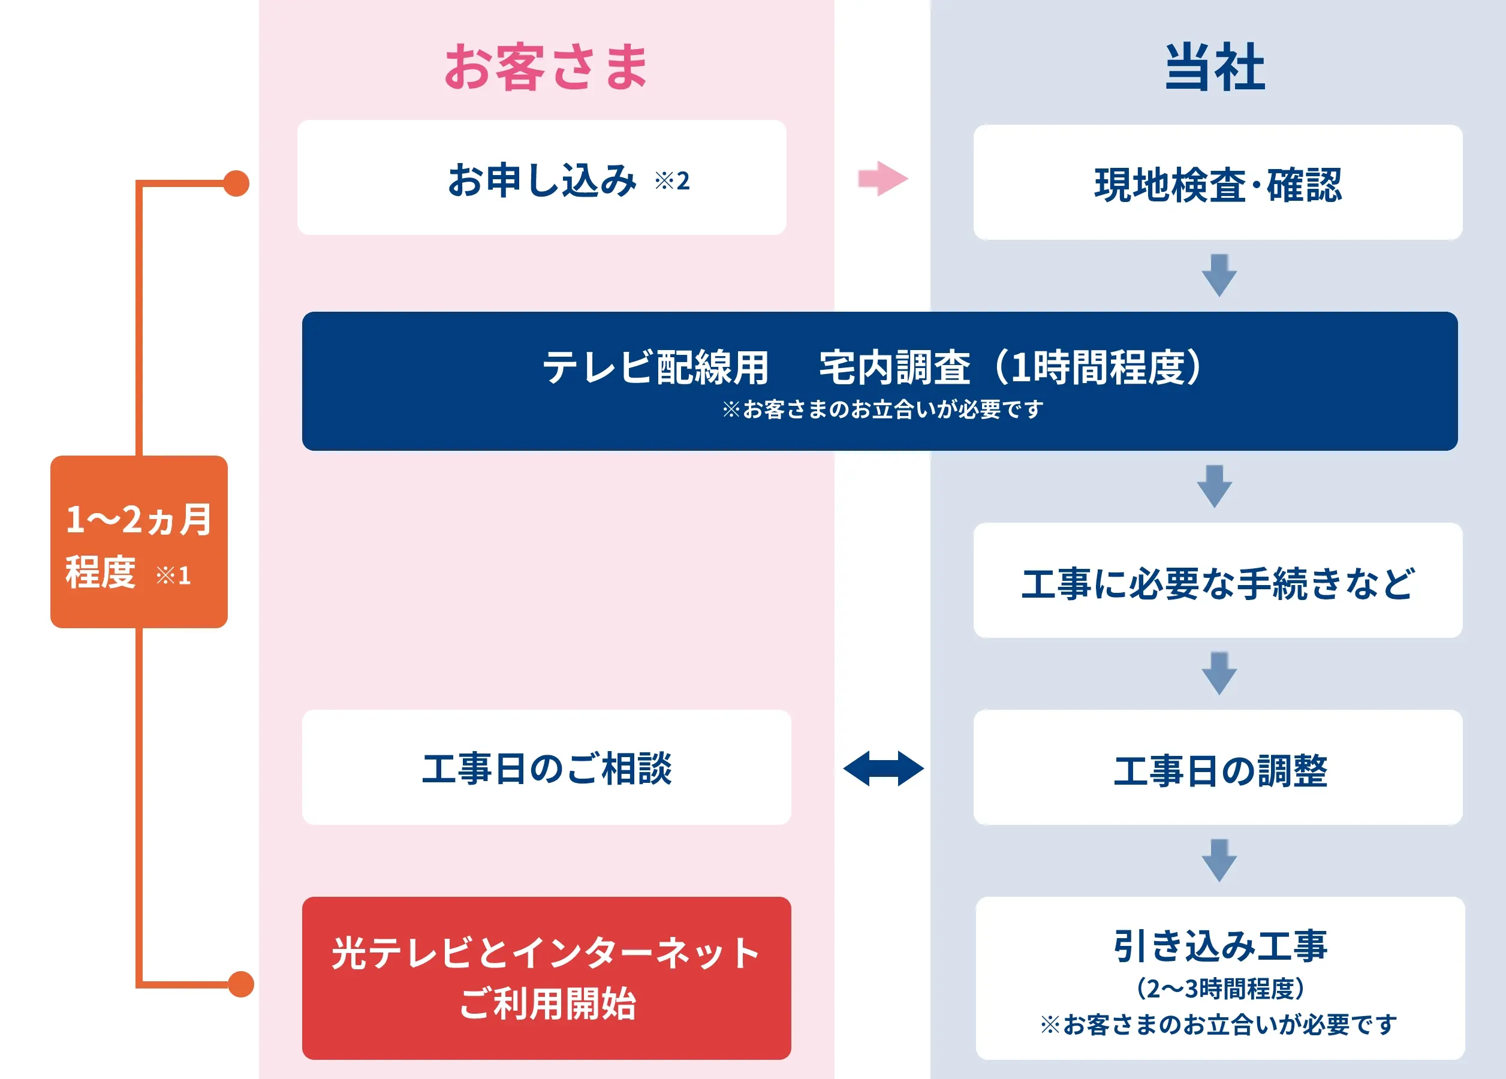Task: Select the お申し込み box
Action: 542,177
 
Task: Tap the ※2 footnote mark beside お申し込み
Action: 672,180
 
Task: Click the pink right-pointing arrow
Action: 883,179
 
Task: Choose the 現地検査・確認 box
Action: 1218,183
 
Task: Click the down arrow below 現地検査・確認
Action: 1219,275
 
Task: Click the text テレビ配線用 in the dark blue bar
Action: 655,367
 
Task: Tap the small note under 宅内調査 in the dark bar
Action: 882,409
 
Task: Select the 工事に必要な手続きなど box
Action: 1218,580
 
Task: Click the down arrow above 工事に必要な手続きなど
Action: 1215,487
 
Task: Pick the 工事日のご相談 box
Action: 547,767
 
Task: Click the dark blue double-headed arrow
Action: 883,768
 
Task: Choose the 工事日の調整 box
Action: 1218,767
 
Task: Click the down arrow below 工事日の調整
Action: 1219,861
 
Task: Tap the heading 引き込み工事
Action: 1221,946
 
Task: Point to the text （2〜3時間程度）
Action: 1221,988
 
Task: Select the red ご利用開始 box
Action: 547,978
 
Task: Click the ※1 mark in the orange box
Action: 173,575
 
